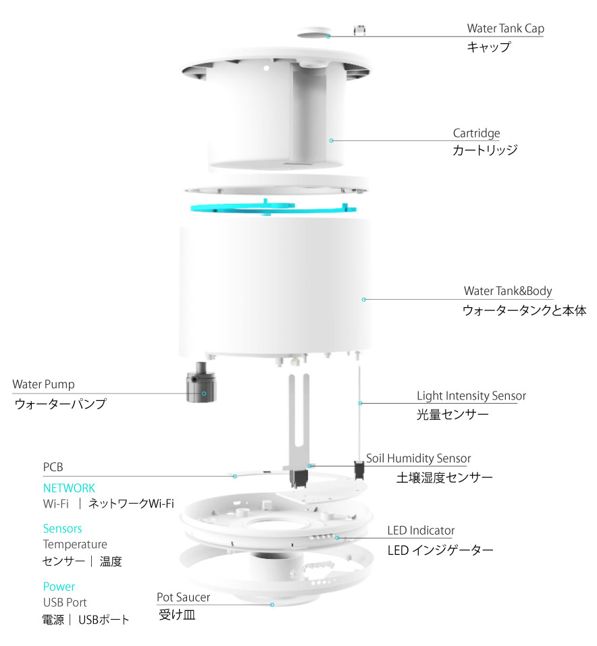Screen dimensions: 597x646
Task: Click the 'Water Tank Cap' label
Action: click(505, 28)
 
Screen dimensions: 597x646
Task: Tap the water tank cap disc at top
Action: click(314, 32)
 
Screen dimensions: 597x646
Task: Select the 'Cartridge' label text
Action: click(476, 134)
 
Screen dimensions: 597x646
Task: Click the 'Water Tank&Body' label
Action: click(508, 291)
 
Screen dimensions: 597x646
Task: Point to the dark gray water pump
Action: click(201, 383)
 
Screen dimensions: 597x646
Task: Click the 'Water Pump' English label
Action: click(43, 384)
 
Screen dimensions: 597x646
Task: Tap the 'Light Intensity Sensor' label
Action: click(471, 396)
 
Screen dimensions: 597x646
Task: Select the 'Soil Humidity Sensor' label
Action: click(419, 458)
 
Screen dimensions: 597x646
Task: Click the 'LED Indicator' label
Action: click(421, 531)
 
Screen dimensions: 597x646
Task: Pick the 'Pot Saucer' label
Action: click(183, 597)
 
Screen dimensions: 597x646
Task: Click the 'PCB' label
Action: click(53, 467)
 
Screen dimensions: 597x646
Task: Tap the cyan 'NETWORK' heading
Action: click(69, 488)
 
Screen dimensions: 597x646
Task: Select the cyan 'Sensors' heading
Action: click(62, 529)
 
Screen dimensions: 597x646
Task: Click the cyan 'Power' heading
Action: click(59, 587)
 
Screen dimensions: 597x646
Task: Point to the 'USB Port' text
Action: click(65, 603)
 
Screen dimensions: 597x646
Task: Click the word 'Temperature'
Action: click(75, 545)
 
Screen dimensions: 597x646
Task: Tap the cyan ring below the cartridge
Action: click(274, 208)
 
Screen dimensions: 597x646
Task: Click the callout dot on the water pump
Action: click(204, 394)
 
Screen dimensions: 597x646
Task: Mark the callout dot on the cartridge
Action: click(332, 141)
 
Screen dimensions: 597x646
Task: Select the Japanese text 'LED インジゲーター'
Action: click(440, 550)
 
